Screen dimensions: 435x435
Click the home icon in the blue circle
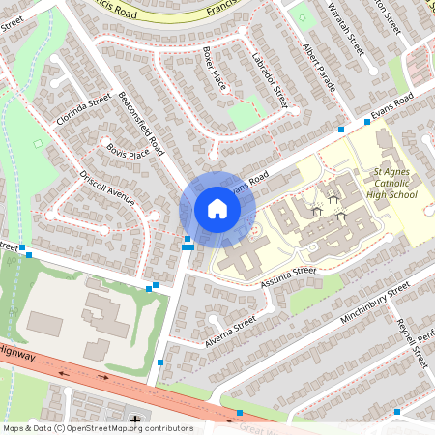pyautogui.click(x=217, y=209)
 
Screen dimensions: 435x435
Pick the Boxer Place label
pyautogui.click(x=214, y=68)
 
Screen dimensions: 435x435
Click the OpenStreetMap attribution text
pyautogui.click(x=97, y=427)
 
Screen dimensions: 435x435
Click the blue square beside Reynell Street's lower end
pyautogui.click(x=396, y=412)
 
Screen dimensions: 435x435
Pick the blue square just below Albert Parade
pyautogui.click(x=340, y=129)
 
